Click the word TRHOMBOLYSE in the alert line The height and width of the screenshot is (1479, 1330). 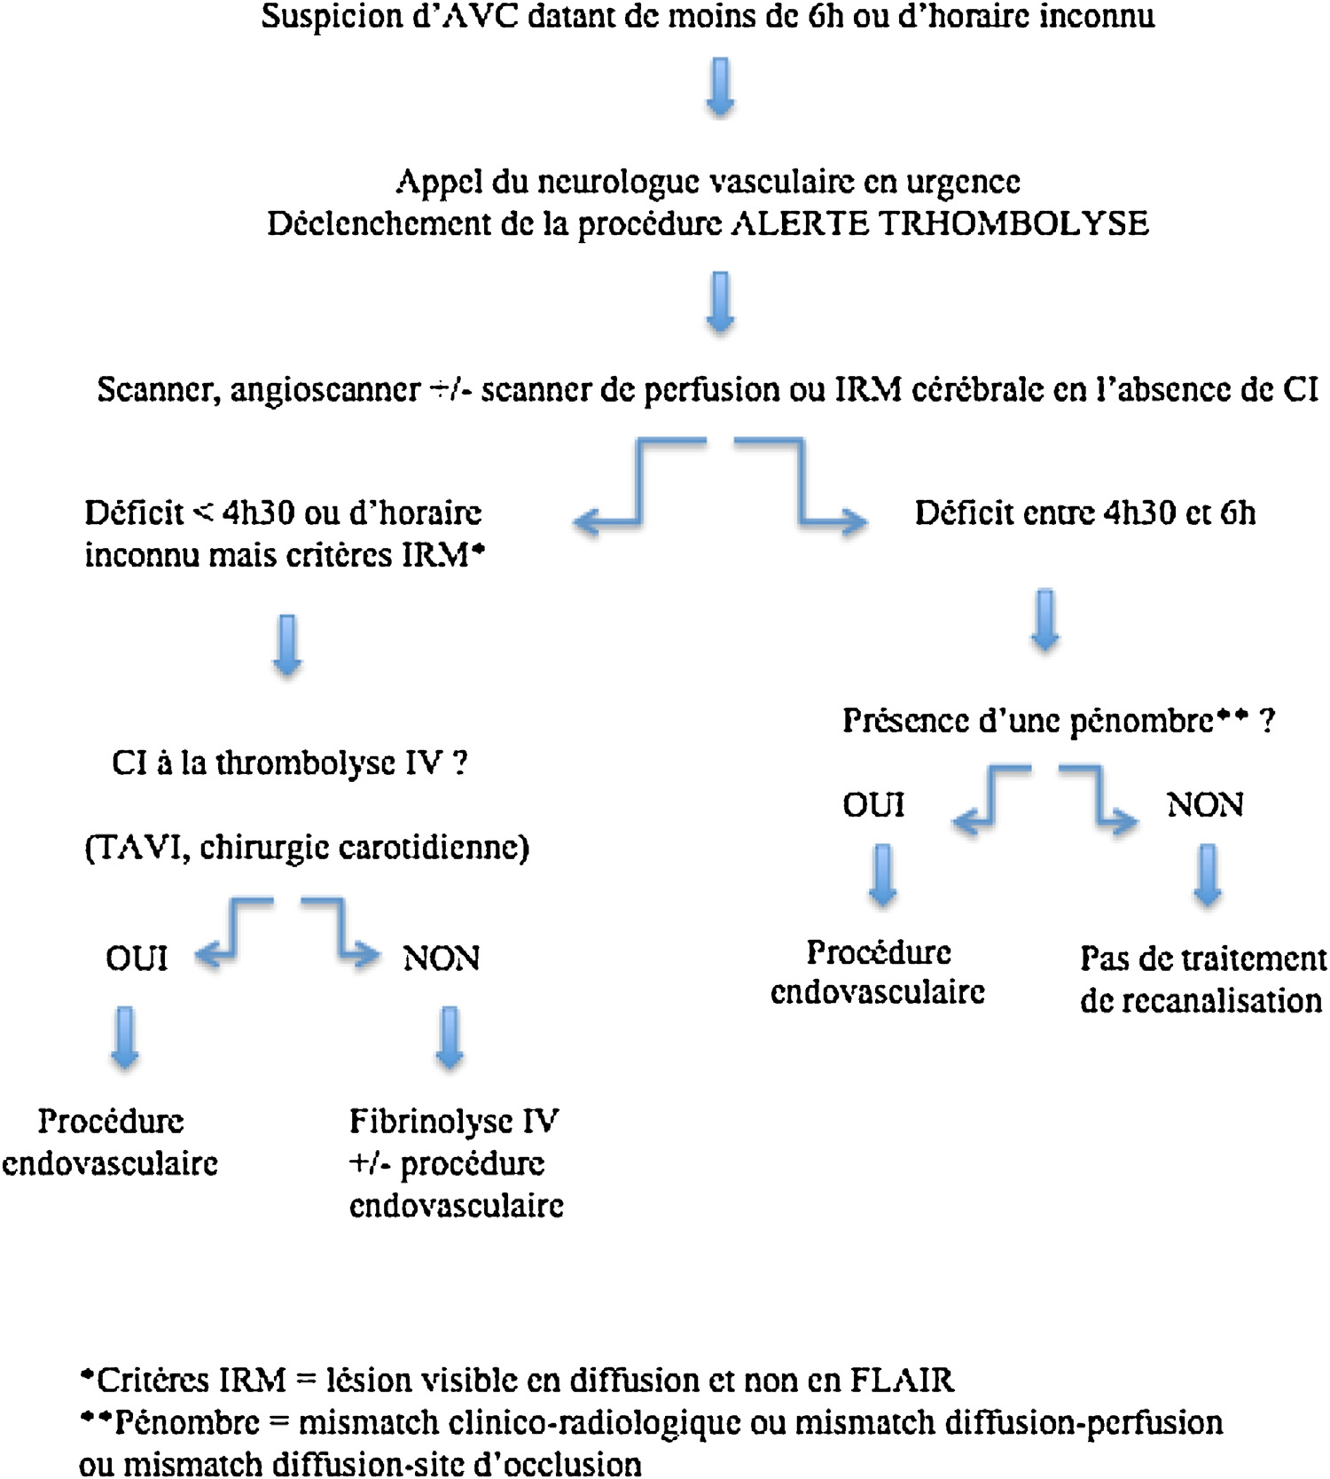pyautogui.click(x=1013, y=223)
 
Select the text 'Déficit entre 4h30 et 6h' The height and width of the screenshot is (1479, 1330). pyautogui.click(x=1084, y=513)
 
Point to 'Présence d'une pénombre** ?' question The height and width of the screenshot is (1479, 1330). pyautogui.click(x=1058, y=720)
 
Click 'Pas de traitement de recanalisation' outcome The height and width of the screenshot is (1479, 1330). pyautogui.click(x=1202, y=979)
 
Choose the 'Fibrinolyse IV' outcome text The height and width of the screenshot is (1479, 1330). pyautogui.click(x=454, y=1121)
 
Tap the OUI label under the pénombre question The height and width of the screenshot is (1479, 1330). pyautogui.click(x=873, y=805)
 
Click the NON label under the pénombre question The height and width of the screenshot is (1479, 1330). pyautogui.click(x=1205, y=805)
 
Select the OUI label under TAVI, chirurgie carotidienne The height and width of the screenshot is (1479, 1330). pyautogui.click(x=137, y=959)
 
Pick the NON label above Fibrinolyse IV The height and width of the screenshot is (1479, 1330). pyautogui.click(x=441, y=959)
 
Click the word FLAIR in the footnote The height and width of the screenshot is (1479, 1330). pyautogui.click(x=901, y=1381)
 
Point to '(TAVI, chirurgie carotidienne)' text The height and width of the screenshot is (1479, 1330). pyautogui.click(x=307, y=848)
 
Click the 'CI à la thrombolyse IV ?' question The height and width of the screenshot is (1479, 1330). pyautogui.click(x=289, y=763)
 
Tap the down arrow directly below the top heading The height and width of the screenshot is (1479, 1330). pyautogui.click(x=720, y=87)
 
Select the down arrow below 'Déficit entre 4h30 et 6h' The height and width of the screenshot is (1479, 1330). pyautogui.click(x=1045, y=619)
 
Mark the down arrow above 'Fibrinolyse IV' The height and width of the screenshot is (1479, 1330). pyautogui.click(x=450, y=1037)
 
